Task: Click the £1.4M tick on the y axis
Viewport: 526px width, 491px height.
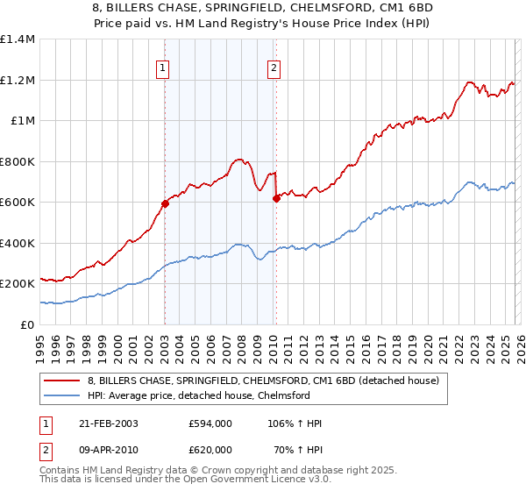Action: (x=18, y=39)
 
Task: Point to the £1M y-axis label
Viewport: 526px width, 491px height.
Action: (x=22, y=121)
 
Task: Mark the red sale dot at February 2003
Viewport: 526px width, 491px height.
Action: (x=165, y=203)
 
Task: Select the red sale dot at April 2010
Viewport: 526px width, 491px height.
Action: (x=276, y=198)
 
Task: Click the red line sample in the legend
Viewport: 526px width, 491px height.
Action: (x=62, y=381)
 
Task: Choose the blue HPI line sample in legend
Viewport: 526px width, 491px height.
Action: (x=62, y=395)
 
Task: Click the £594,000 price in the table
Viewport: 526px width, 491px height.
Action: (x=210, y=423)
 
